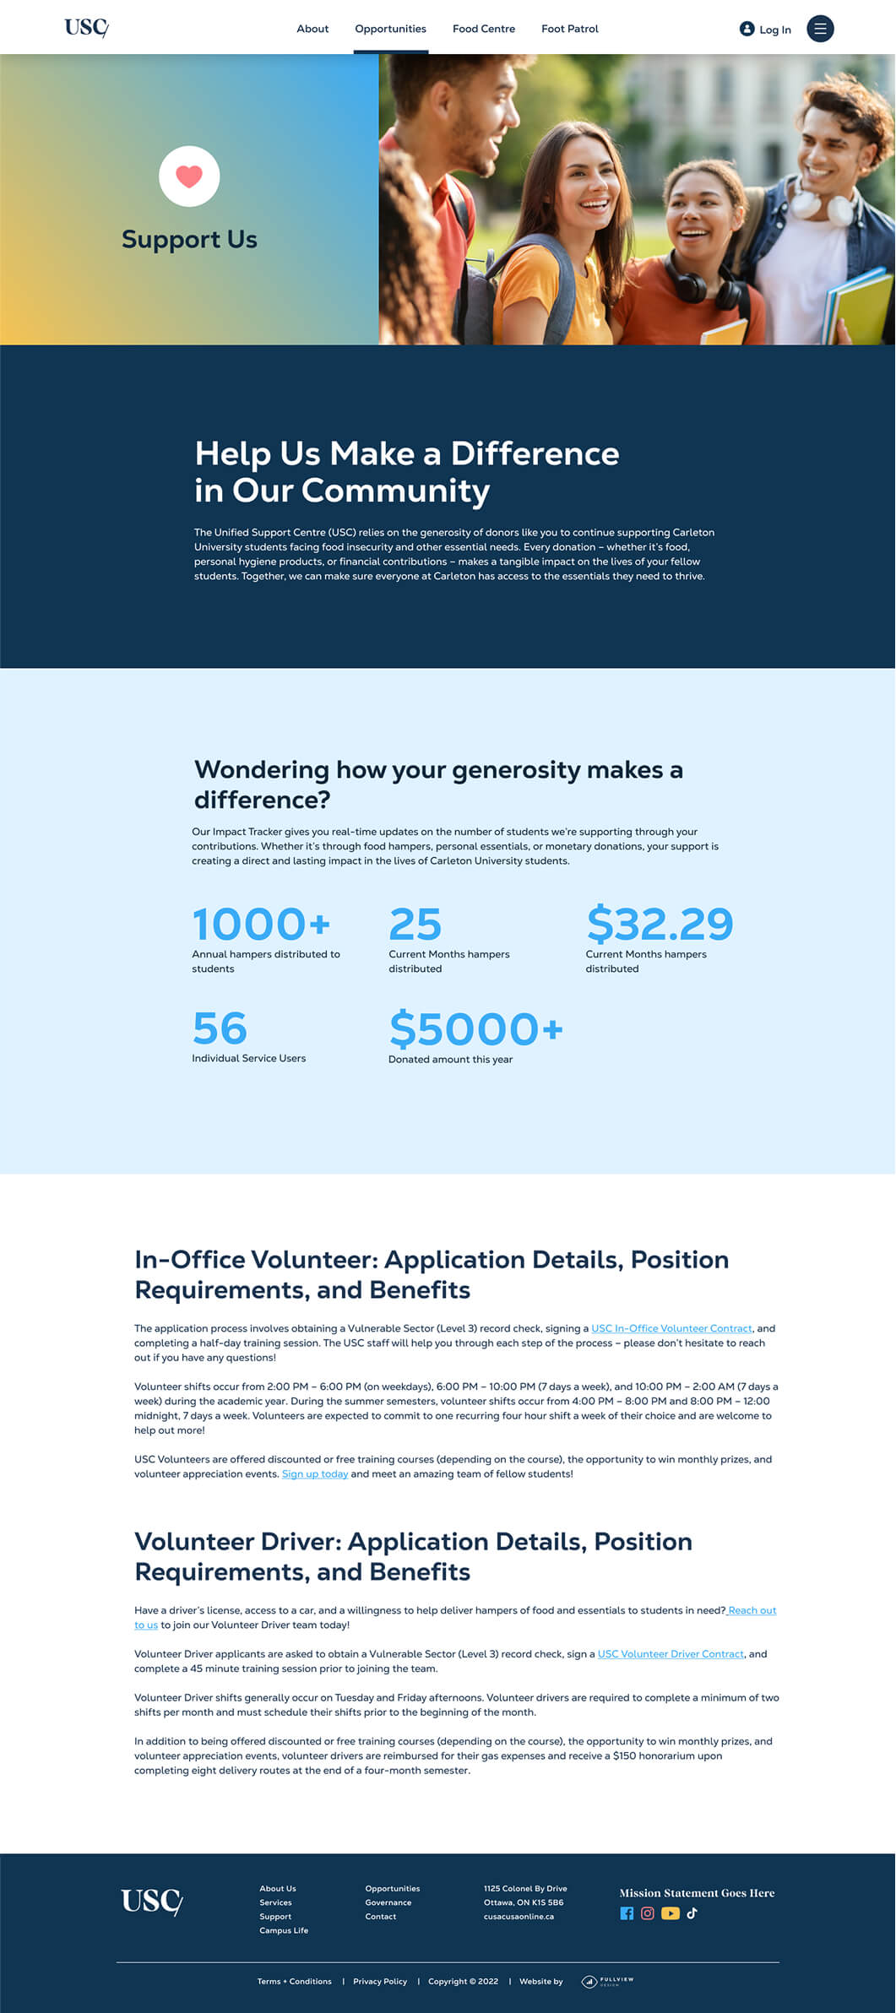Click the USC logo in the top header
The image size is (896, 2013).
click(86, 28)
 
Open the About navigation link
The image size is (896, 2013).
click(312, 29)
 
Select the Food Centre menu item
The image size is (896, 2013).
click(483, 29)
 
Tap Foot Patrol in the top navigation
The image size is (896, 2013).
click(569, 29)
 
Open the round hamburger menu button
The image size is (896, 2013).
click(820, 29)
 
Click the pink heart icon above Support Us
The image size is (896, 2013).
click(189, 176)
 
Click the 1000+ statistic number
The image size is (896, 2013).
click(261, 924)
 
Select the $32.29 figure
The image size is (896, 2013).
click(660, 924)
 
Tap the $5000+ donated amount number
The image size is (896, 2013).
click(475, 1029)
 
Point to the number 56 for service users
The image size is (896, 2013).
click(220, 1028)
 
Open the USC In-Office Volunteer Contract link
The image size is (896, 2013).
click(671, 1328)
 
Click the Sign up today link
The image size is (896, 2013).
click(315, 1474)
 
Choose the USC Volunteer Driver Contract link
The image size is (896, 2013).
click(671, 1654)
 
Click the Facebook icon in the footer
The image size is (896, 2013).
click(627, 1913)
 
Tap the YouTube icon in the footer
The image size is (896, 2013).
click(671, 1913)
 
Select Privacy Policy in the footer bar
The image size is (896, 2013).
click(380, 1982)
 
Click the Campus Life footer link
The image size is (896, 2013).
click(284, 1930)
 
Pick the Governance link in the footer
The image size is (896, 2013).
click(388, 1902)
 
